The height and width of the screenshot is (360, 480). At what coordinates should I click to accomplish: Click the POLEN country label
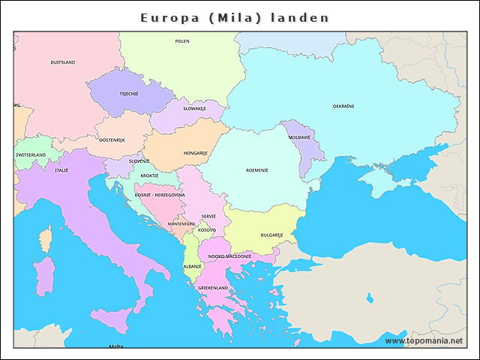click(182, 41)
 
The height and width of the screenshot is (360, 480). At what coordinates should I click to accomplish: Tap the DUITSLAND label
click(63, 62)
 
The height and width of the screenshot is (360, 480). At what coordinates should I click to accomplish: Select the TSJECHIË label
click(129, 94)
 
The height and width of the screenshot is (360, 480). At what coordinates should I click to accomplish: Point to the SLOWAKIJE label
click(194, 108)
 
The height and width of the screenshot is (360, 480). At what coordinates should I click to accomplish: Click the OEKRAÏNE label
click(343, 106)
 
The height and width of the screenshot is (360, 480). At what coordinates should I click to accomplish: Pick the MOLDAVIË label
click(299, 137)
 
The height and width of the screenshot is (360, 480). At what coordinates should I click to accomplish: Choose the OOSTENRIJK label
click(112, 139)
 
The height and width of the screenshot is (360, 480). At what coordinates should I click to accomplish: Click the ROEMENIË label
click(256, 170)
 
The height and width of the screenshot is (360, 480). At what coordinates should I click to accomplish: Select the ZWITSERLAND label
click(31, 155)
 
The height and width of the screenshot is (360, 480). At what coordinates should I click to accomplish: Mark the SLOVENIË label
click(139, 160)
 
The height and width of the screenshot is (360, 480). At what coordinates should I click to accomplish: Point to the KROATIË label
click(149, 175)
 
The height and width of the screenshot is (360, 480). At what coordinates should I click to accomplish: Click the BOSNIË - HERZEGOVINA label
click(160, 195)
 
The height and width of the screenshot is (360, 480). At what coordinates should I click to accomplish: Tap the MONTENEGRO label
click(181, 223)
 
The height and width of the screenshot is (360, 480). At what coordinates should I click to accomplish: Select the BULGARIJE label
click(271, 235)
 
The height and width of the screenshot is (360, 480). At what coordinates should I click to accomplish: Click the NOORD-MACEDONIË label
click(229, 256)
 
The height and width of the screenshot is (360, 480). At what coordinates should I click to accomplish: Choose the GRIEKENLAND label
click(213, 287)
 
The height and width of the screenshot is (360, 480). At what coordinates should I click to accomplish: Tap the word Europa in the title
click(169, 17)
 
